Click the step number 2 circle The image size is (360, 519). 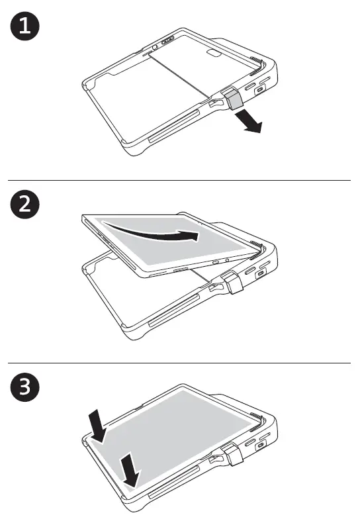coord(23,205)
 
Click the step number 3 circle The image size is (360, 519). coord(23,388)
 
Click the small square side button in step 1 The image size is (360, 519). coord(262,93)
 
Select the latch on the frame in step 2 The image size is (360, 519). coord(234,284)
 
